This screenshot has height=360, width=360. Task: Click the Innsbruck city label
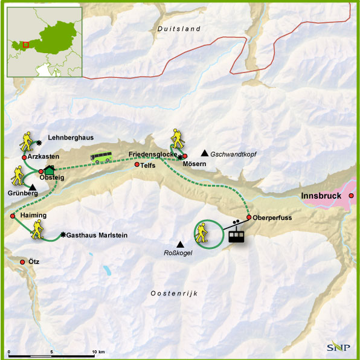(321, 196)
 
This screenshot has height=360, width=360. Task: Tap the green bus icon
(101, 157)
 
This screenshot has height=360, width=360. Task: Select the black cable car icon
(237, 235)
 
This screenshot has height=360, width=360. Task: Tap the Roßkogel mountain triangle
(180, 243)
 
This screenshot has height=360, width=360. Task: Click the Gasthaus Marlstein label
(97, 235)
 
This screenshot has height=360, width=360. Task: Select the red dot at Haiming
(12, 215)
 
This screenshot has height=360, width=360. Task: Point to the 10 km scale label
(98, 352)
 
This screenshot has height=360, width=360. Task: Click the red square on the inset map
(25, 43)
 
